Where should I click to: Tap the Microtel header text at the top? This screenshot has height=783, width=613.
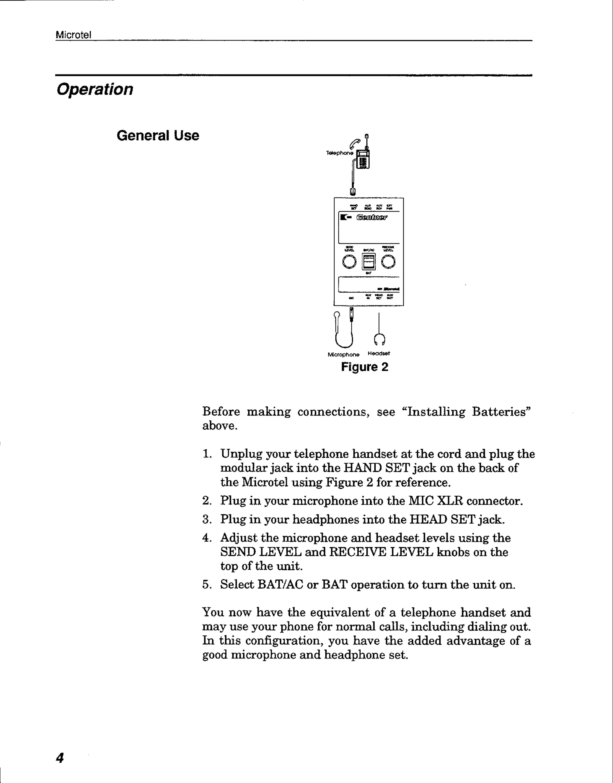pyautogui.click(x=73, y=35)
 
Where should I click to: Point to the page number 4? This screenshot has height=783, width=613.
pyautogui.click(x=60, y=758)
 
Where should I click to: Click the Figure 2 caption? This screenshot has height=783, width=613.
pyautogui.click(x=364, y=367)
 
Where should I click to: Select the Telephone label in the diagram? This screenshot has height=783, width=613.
pyautogui.click(x=339, y=153)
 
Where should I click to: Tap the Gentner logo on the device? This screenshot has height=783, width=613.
pyautogui.click(x=371, y=217)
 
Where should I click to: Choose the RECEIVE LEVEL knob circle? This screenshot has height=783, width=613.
pyautogui.click(x=388, y=262)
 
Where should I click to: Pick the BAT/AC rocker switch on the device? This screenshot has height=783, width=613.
pyautogui.click(x=368, y=261)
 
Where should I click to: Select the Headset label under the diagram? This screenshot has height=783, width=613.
pyautogui.click(x=379, y=353)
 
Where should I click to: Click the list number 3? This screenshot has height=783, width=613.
pyautogui.click(x=206, y=519)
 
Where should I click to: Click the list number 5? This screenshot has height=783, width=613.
pyautogui.click(x=206, y=585)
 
